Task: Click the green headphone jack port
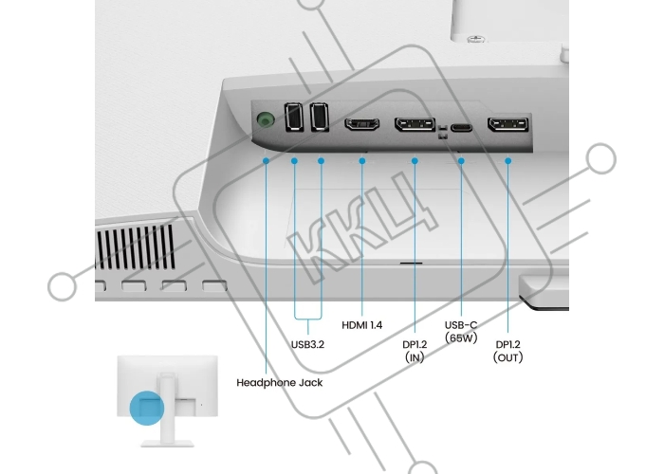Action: coord(265,120)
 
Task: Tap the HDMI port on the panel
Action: coord(361,124)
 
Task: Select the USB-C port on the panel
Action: coord(461,127)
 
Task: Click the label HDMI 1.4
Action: coord(362,325)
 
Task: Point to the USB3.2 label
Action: coord(308,344)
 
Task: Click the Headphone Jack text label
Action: coord(280,383)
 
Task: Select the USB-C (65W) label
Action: coord(461,332)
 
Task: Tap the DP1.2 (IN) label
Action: coord(415,351)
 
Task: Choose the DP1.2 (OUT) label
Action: coord(507,351)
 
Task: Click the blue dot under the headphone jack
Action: coord(266,161)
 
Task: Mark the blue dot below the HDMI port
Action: coord(362,161)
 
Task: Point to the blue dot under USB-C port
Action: coord(461,161)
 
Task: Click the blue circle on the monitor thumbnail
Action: coord(146,408)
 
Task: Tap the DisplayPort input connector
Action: coord(415,124)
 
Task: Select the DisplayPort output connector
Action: coord(508,124)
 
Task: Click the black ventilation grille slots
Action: coord(136,247)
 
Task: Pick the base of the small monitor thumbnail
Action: coord(167,444)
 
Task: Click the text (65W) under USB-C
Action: coord(461,338)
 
